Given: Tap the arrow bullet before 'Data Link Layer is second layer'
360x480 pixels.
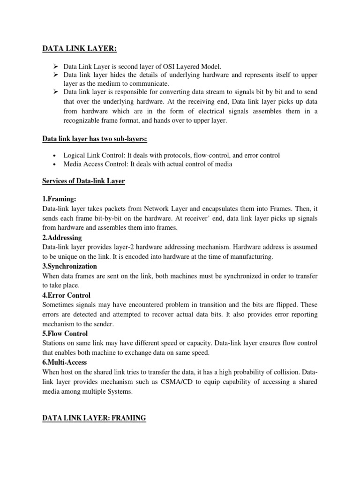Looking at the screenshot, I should tap(55, 67).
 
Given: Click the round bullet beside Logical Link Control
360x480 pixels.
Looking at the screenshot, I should tap(55, 155).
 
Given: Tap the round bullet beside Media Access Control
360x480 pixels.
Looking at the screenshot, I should tap(55, 164).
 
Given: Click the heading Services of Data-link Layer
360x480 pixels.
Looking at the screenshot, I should tap(83, 181).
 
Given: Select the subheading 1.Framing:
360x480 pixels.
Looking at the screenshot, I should tap(59, 199).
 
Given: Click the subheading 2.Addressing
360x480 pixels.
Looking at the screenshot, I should tap(62, 238).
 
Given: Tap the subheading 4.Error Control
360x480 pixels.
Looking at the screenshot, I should tap(66, 295).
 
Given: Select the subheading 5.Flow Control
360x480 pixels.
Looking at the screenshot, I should tap(65, 334).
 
